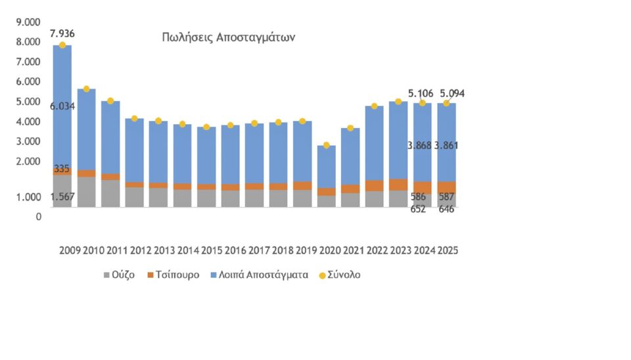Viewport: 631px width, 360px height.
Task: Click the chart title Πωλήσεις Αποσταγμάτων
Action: (228, 37)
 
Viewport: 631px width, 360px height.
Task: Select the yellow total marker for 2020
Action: (327, 145)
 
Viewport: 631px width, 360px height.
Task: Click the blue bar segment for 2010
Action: (86, 129)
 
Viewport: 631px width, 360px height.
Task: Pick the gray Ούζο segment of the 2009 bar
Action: (62, 191)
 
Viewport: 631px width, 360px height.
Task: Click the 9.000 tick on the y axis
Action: (29, 22)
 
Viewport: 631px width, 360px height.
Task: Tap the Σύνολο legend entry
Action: (339, 275)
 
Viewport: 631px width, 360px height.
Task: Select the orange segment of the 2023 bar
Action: (398, 184)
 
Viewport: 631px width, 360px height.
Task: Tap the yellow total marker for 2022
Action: (375, 106)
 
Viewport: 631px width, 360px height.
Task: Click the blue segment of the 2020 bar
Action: (327, 166)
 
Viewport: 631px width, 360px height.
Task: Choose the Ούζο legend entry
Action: (118, 275)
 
